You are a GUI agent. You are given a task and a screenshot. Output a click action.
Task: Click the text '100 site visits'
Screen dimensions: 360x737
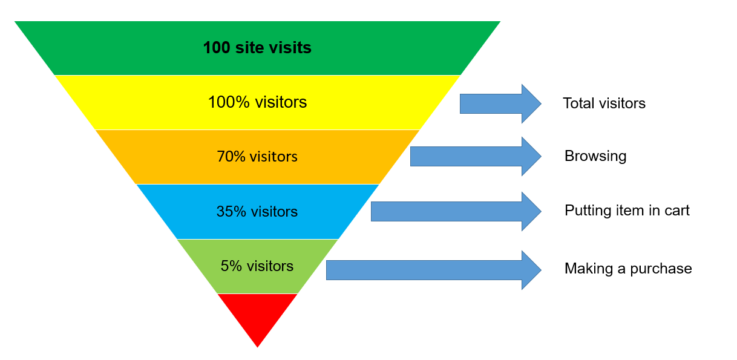pyautogui.click(x=257, y=48)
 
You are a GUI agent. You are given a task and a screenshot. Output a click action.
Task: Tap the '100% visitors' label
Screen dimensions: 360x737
pyautogui.click(x=257, y=102)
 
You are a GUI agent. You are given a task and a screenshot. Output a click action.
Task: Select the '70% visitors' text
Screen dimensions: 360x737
pyautogui.click(x=257, y=157)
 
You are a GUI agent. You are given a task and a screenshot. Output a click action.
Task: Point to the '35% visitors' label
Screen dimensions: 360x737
pyautogui.click(x=257, y=212)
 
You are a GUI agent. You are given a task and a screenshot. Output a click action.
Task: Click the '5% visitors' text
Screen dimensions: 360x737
pyautogui.click(x=257, y=266)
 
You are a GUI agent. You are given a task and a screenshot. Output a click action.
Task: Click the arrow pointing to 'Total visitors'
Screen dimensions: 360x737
pyautogui.click(x=500, y=103)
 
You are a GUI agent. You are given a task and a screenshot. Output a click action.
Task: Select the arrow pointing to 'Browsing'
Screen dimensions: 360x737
pyautogui.click(x=475, y=157)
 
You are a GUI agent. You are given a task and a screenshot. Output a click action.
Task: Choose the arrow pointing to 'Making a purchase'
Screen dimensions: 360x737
pyautogui.click(x=433, y=270)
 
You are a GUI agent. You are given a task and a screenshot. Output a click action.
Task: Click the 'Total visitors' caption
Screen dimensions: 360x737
pyautogui.click(x=604, y=103)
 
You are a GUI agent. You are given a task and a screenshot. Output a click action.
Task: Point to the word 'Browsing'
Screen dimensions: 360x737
pyautogui.click(x=595, y=157)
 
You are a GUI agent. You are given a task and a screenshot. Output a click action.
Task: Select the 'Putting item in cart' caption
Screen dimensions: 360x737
pyautogui.click(x=627, y=211)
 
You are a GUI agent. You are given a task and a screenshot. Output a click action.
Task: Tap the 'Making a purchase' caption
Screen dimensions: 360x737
pyautogui.click(x=628, y=269)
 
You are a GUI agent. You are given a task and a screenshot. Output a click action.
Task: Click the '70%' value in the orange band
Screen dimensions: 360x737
pyautogui.click(x=231, y=157)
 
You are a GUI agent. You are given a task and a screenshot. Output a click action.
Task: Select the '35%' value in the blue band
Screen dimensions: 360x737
pyautogui.click(x=231, y=212)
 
